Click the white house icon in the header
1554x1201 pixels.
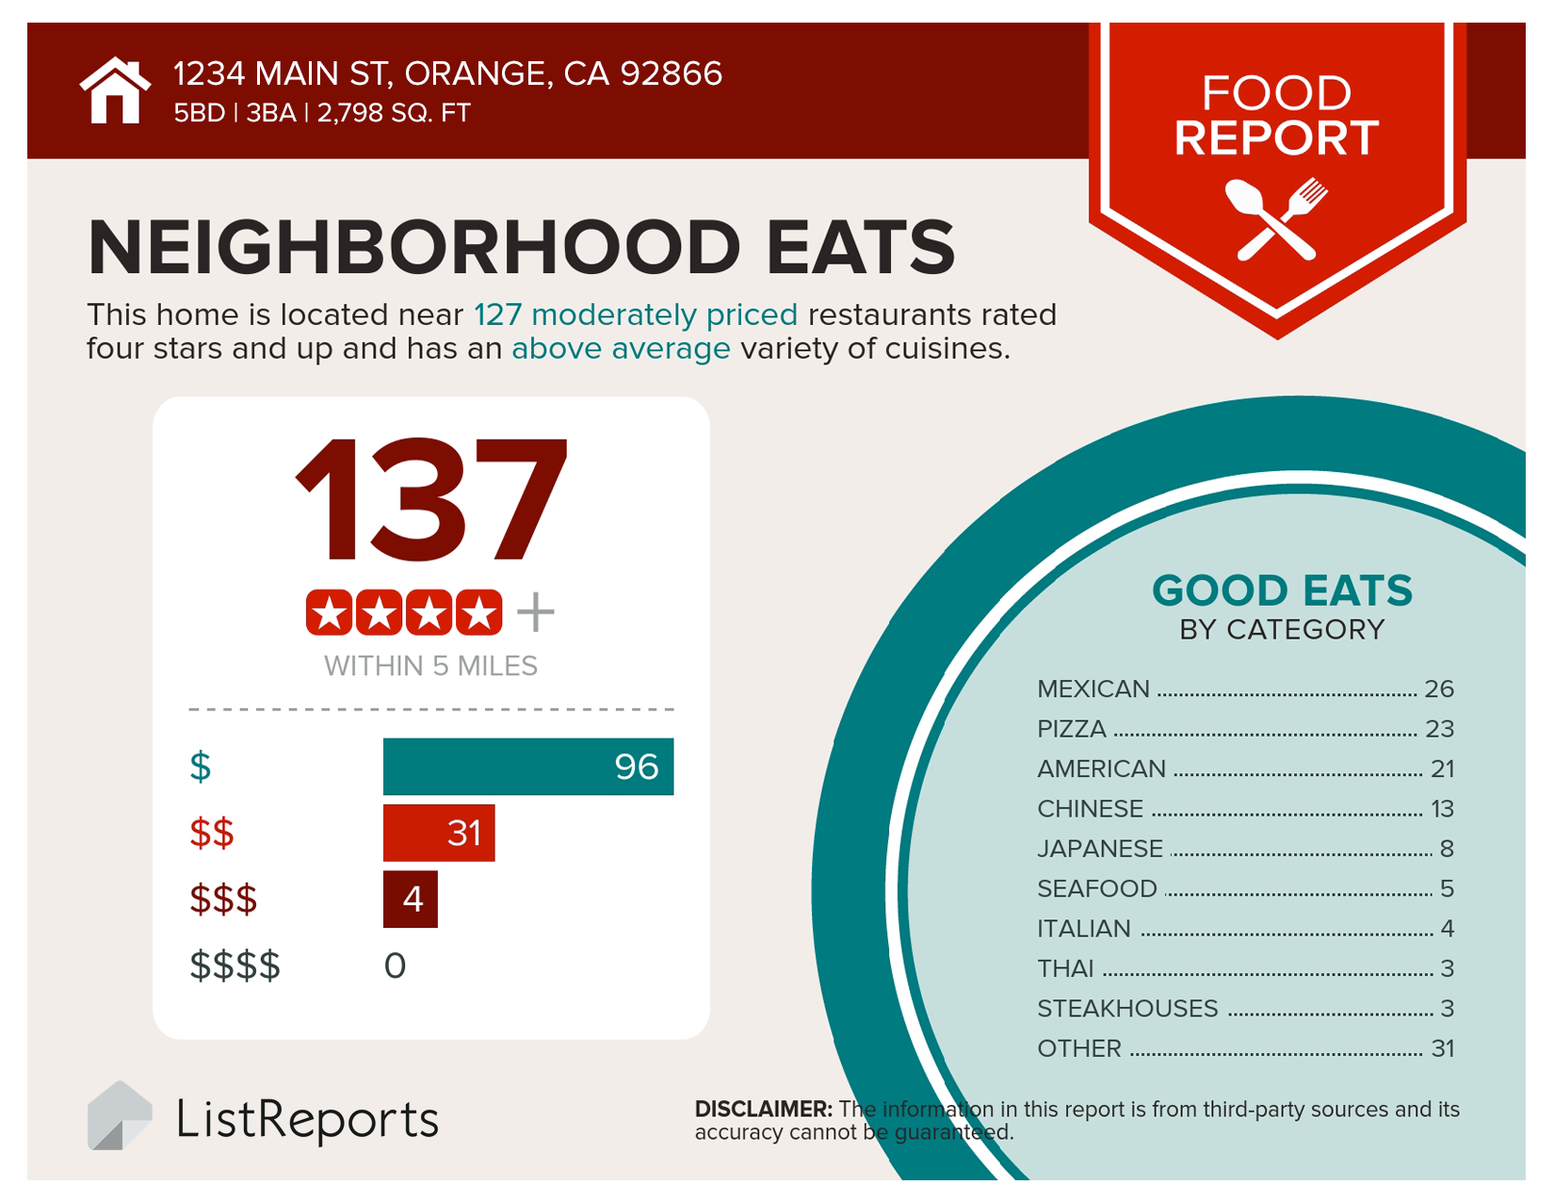pos(115,91)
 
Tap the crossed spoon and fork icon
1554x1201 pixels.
pos(1276,219)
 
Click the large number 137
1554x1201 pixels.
pos(431,500)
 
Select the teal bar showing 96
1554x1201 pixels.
pos(527,767)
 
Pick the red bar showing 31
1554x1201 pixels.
pos(438,833)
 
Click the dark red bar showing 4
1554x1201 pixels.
pos(411,900)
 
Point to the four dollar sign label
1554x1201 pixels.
pos(235,966)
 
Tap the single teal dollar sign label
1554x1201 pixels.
pos(200,767)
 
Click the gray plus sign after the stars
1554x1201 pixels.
pos(536,612)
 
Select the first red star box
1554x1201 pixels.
pos(330,613)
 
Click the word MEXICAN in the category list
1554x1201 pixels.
pos(1093,690)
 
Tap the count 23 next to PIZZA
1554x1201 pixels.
pos(1439,729)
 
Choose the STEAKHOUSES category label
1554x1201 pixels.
pos(1127,1009)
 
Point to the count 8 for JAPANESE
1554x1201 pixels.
pos(1447,850)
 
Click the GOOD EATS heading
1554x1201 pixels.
pos(1282,592)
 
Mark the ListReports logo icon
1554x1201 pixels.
pos(119,1117)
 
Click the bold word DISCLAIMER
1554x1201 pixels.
pos(763,1110)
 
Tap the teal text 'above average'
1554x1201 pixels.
pos(621,349)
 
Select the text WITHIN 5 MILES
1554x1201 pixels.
pos(430,666)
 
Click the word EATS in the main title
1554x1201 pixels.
pos(860,248)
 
